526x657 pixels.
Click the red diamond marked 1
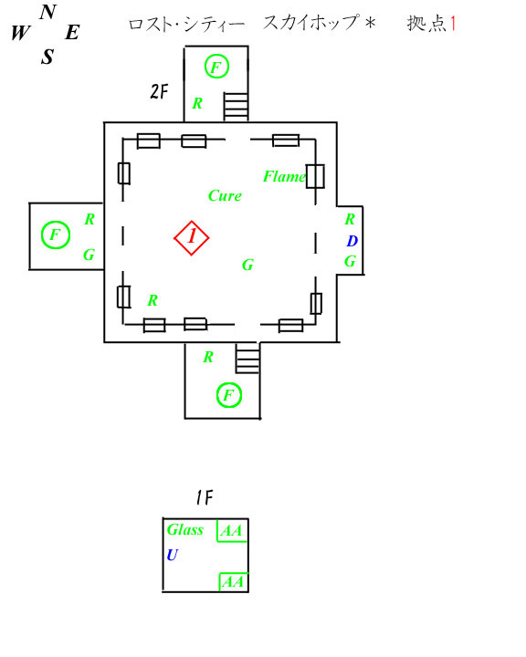pyautogui.click(x=191, y=237)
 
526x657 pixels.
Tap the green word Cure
pyautogui.click(x=225, y=195)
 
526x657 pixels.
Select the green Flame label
pyautogui.click(x=284, y=176)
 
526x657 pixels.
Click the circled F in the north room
pyautogui.click(x=216, y=67)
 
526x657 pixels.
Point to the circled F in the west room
pyautogui.click(x=56, y=235)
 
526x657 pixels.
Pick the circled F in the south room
pyautogui.click(x=229, y=395)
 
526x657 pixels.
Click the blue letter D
pyautogui.click(x=352, y=241)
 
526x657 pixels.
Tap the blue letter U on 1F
pyautogui.click(x=173, y=555)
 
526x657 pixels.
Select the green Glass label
pyautogui.click(x=185, y=529)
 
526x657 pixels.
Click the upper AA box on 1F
pyautogui.click(x=232, y=530)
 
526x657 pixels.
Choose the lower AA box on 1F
pyautogui.click(x=234, y=581)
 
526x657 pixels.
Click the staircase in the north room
pyautogui.click(x=236, y=107)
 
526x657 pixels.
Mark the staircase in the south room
pyautogui.click(x=247, y=359)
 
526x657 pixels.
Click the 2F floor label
pyautogui.click(x=159, y=91)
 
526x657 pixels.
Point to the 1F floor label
pyautogui.click(x=205, y=498)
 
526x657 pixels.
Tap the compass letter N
pyautogui.click(x=48, y=12)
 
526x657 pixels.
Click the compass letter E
pyautogui.click(x=72, y=32)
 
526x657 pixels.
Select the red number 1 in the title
pyautogui.click(x=453, y=24)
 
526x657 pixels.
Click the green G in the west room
pyautogui.click(x=89, y=255)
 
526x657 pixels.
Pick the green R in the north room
pyautogui.click(x=197, y=103)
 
